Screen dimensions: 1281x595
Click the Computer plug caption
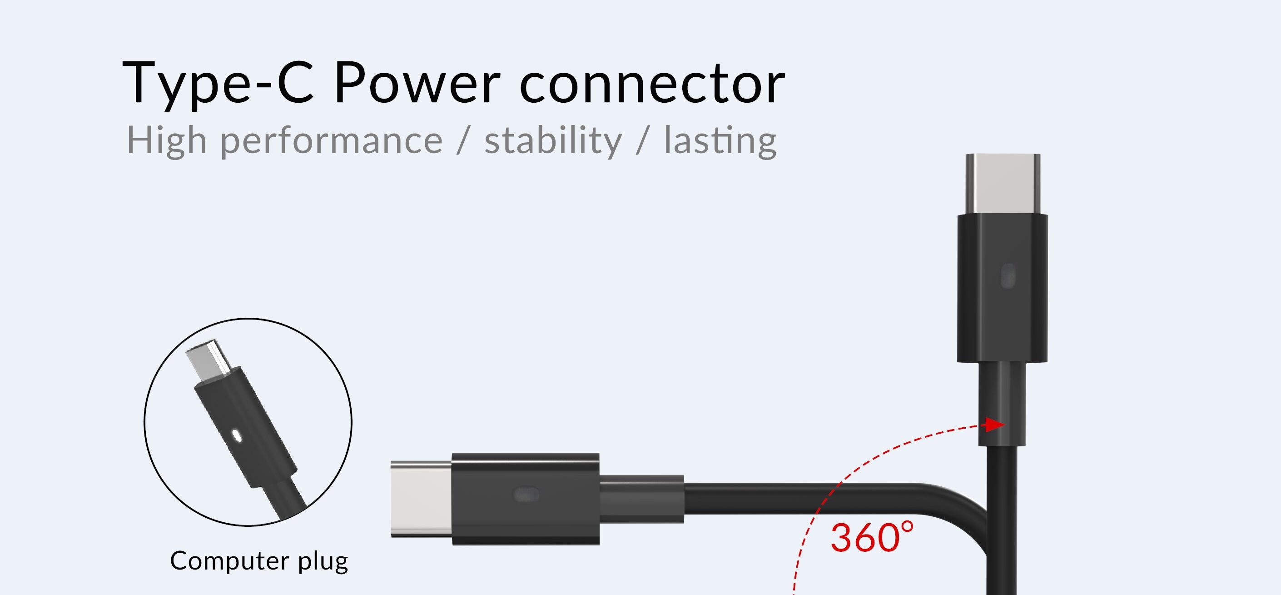tap(259, 562)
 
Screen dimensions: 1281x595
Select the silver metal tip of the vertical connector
tap(1003, 185)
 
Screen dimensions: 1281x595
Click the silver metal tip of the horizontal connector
tap(422, 499)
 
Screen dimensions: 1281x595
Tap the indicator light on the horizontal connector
tap(526, 495)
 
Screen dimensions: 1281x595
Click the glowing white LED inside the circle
tap(236, 437)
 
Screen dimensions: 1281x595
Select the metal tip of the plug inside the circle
tap(209, 359)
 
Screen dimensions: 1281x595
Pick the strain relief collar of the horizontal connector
tap(641, 500)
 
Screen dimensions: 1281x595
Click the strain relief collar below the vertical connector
tap(1002, 404)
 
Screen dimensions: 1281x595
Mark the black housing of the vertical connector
tap(1003, 289)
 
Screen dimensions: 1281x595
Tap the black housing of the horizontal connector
tap(526, 499)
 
